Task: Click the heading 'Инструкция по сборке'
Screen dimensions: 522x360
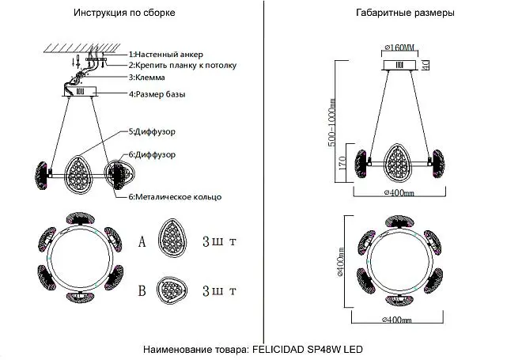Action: pos(124,13)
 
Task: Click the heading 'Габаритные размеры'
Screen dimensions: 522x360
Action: pos(405,13)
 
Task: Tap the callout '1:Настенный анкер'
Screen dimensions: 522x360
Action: pos(166,55)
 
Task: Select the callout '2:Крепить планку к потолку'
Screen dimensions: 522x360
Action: pos(183,65)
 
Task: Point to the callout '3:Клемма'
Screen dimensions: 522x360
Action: pos(147,78)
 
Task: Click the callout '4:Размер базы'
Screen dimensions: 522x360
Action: pos(157,94)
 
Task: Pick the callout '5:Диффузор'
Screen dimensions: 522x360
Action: pos(152,131)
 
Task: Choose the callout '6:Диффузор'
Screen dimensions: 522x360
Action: pos(152,154)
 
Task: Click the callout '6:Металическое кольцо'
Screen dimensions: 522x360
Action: pos(175,197)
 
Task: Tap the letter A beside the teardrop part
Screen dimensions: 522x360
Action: pos(142,242)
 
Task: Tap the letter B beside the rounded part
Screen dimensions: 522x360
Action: pos(142,290)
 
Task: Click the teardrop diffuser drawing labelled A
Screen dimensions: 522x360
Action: pos(172,238)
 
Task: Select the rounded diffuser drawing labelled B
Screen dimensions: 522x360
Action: pos(172,290)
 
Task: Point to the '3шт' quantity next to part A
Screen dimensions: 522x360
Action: pos(219,241)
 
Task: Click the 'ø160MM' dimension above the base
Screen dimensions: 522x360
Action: pos(399,48)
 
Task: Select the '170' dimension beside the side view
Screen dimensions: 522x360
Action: pos(342,163)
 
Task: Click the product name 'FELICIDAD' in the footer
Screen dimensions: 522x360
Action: pos(278,350)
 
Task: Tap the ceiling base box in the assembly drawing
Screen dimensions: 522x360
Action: pos(80,92)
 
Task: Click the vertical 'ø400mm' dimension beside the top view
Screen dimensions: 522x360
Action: pos(340,262)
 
